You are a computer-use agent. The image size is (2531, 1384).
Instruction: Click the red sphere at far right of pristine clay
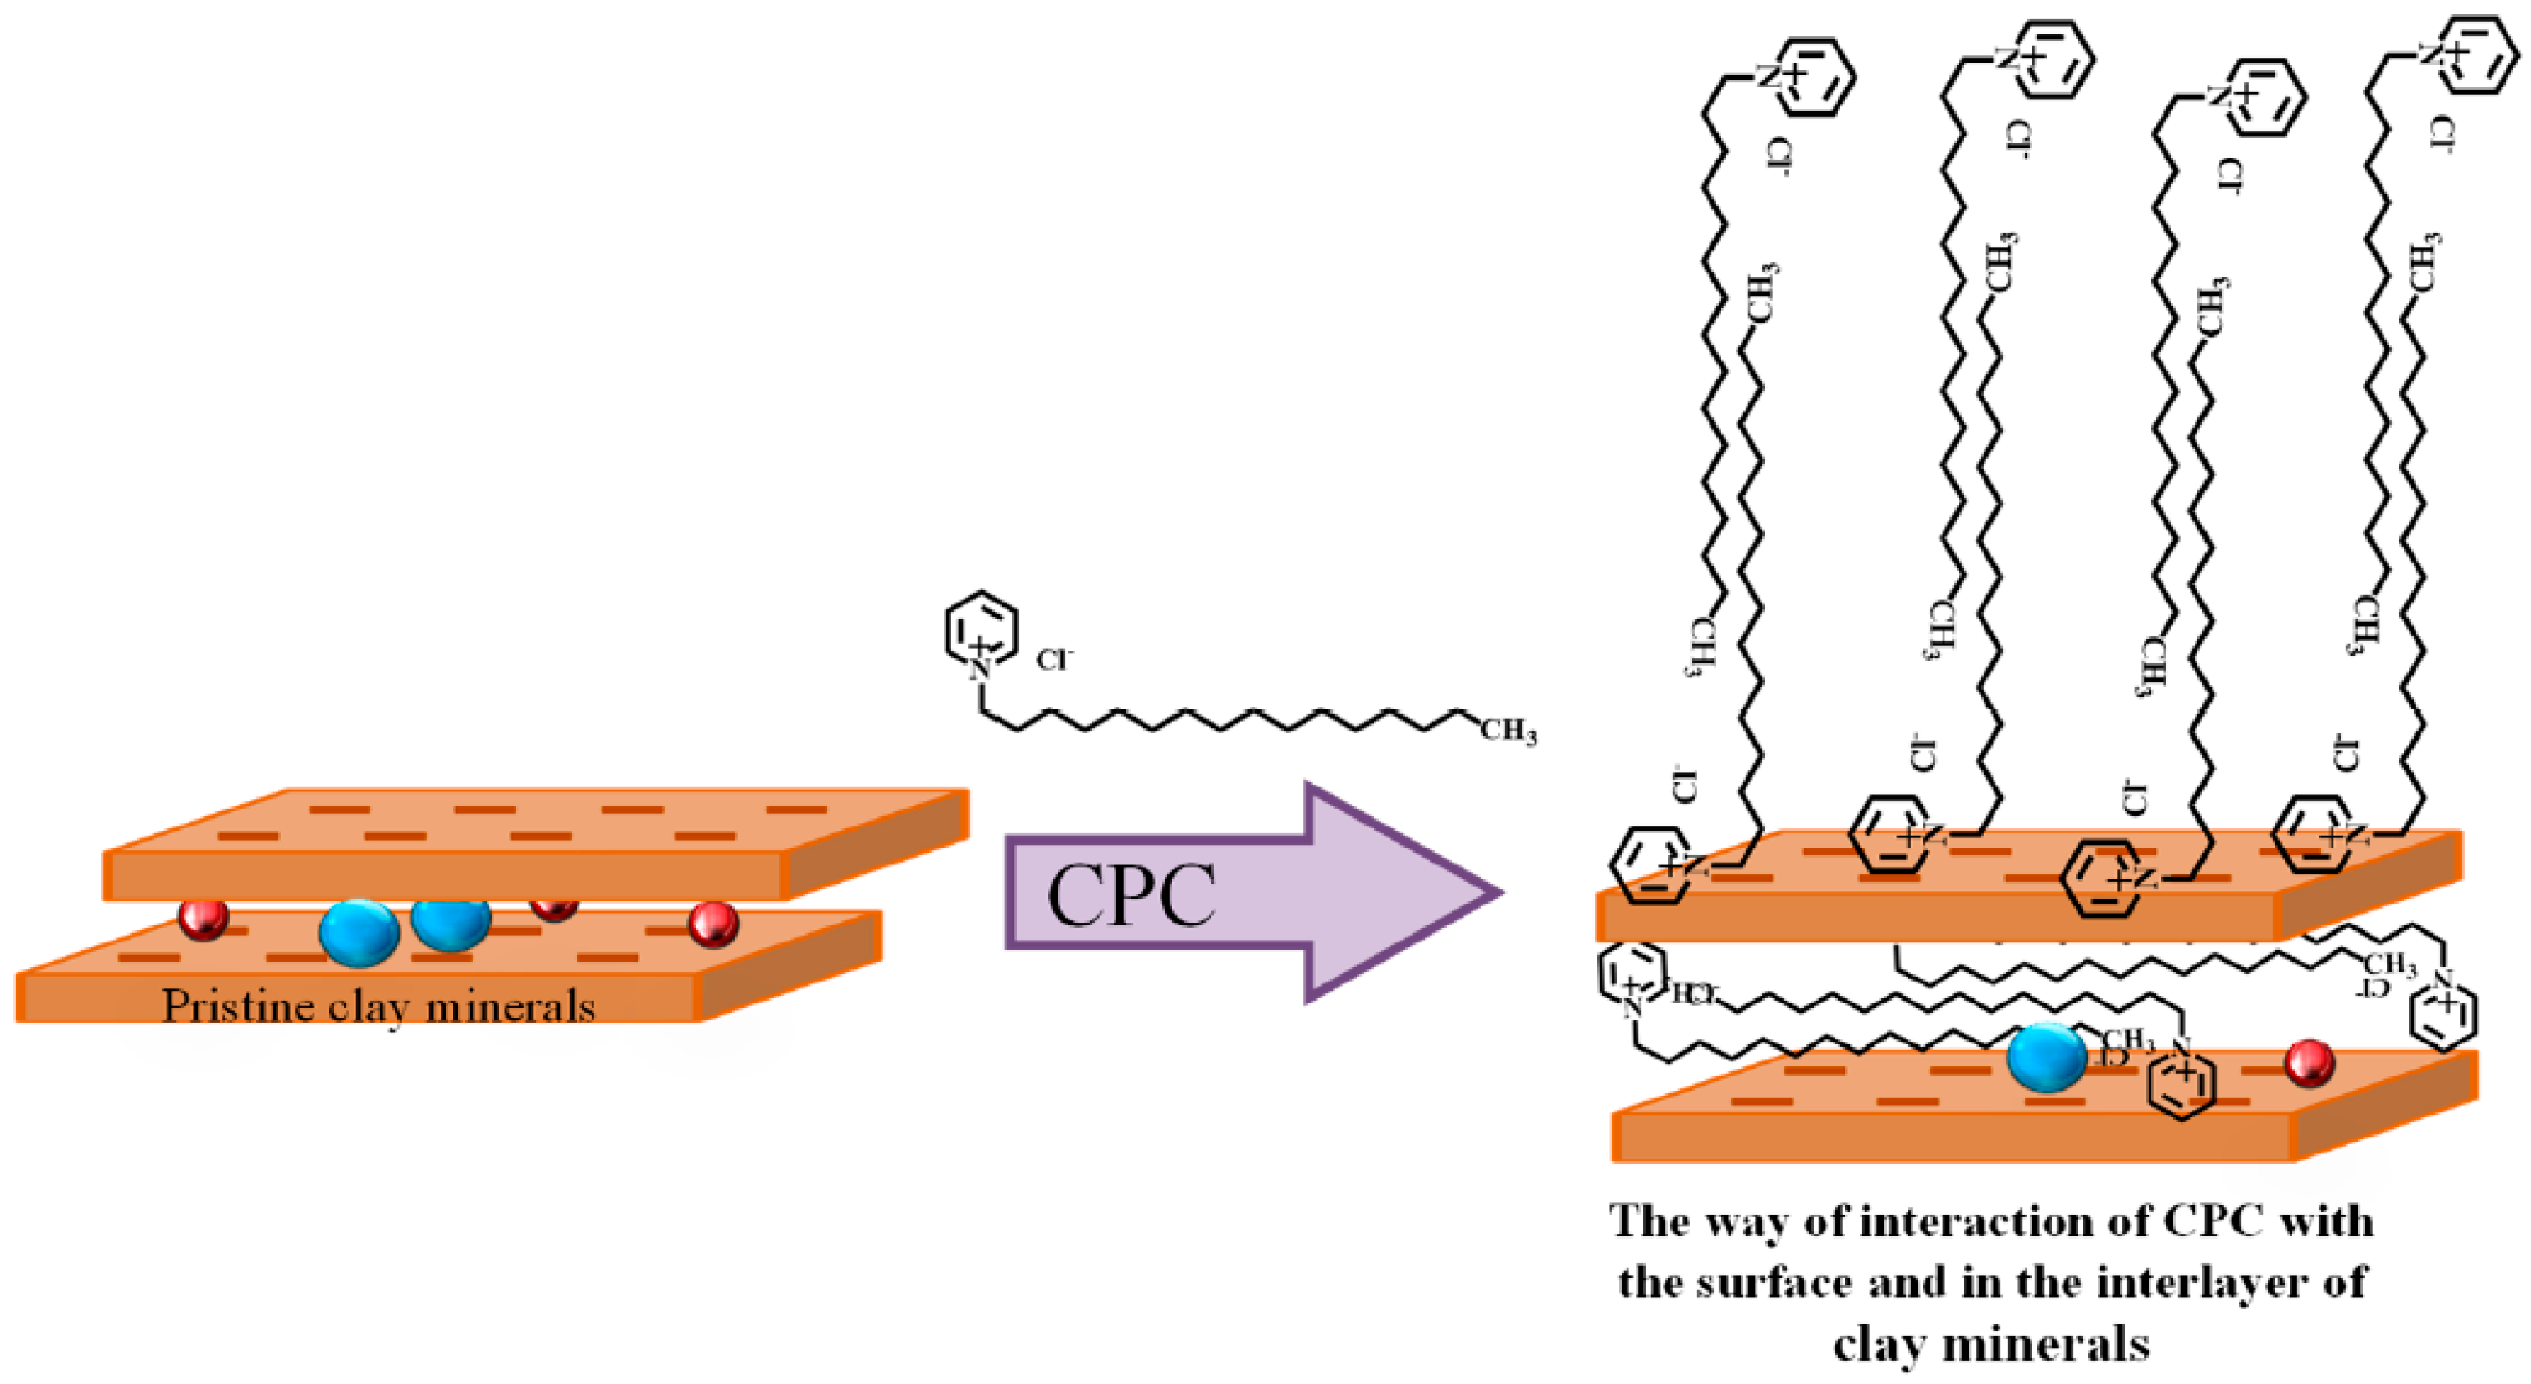[x=712, y=924]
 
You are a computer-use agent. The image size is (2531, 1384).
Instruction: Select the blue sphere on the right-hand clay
[x=2046, y=1058]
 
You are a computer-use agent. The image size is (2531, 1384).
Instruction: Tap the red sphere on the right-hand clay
[x=2309, y=1064]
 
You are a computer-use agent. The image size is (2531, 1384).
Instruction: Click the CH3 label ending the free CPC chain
[x=1507, y=730]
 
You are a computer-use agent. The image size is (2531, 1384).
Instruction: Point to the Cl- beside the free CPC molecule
[x=1054, y=659]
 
